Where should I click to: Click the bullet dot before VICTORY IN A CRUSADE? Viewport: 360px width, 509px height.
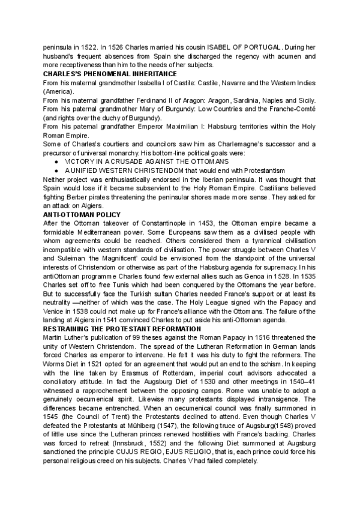[x=56, y=161]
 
